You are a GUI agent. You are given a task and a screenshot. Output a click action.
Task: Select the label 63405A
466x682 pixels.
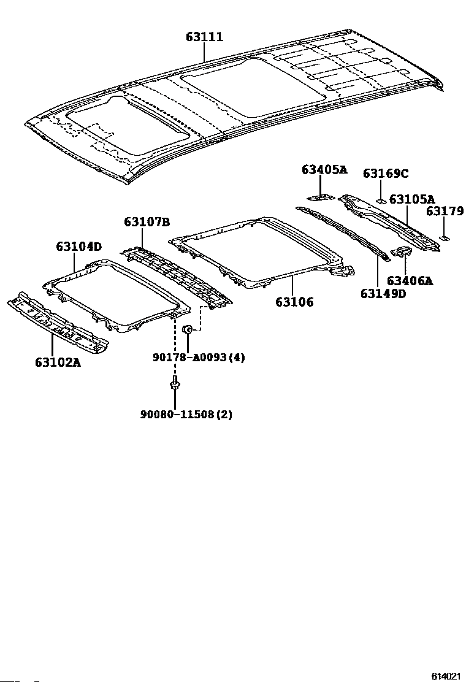point(324,170)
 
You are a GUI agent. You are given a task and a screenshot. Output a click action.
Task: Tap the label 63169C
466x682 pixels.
point(385,174)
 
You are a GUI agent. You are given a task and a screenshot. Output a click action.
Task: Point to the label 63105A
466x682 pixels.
point(412,199)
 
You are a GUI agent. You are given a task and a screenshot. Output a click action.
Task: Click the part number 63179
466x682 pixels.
point(445,212)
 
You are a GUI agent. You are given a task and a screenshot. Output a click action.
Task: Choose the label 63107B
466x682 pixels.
point(147,221)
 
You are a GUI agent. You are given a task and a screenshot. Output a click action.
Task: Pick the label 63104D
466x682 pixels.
point(78,247)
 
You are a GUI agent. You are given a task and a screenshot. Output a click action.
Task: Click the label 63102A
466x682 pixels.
point(58,362)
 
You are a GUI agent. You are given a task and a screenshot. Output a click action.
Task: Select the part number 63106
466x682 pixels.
point(294,302)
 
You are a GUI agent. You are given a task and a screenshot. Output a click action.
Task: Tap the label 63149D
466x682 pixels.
point(383,293)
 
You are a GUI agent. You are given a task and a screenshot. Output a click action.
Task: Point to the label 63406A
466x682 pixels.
point(410,281)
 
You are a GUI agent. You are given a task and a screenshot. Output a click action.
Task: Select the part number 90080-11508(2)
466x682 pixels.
point(186,415)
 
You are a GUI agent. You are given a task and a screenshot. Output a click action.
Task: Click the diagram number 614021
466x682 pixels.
point(445,676)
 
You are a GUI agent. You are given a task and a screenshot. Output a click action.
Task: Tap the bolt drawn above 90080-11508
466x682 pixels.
point(174,386)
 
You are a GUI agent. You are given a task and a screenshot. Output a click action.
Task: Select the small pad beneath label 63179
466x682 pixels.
point(445,237)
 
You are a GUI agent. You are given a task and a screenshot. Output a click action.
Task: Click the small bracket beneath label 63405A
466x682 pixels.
point(321,197)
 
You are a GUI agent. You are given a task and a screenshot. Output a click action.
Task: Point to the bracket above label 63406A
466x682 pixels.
point(402,251)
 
